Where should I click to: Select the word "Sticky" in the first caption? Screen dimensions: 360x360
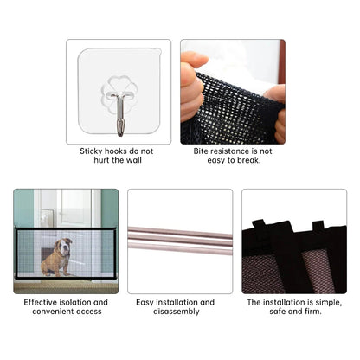click(x=93, y=151)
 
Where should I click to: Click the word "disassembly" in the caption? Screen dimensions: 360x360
click(x=179, y=312)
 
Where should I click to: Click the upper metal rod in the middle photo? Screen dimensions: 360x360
click(x=179, y=235)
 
